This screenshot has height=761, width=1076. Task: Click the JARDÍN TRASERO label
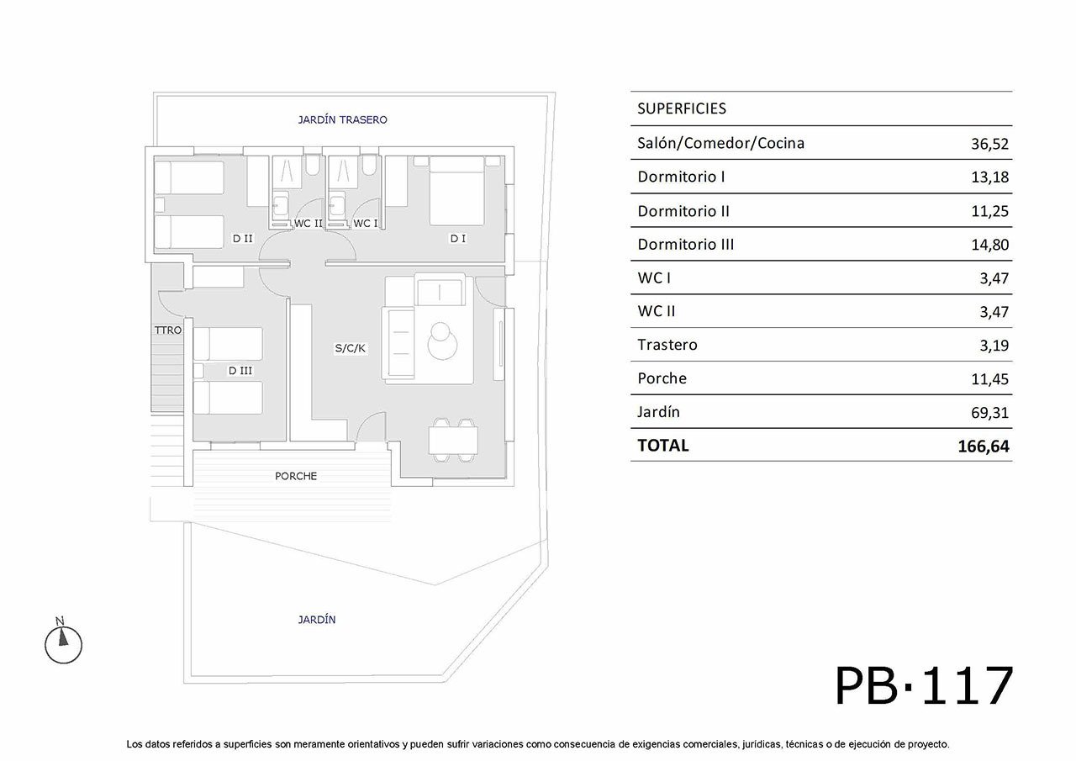pos(342,119)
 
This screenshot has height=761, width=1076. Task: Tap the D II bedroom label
pos(243,238)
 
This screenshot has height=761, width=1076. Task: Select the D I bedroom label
pos(458,238)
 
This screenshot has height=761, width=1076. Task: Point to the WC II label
pos(309,224)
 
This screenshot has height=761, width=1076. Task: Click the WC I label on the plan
pos(366,224)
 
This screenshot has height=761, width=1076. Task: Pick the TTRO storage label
pos(168,330)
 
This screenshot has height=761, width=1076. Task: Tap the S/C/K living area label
pos(351,348)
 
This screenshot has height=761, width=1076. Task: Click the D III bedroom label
pos(240,371)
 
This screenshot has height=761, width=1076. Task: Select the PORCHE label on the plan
pos(296,476)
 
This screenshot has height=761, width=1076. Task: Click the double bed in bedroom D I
pos(456,191)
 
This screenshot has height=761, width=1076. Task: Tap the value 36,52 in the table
pos(989,144)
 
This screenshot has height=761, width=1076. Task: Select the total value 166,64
pos(984,447)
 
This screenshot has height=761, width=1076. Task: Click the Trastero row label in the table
pos(667,345)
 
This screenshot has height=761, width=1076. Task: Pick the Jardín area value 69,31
pos(989,413)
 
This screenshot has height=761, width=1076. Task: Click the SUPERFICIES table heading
pos(682,108)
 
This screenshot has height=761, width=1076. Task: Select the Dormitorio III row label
pos(685,245)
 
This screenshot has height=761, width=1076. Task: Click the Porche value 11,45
pos(990,379)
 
